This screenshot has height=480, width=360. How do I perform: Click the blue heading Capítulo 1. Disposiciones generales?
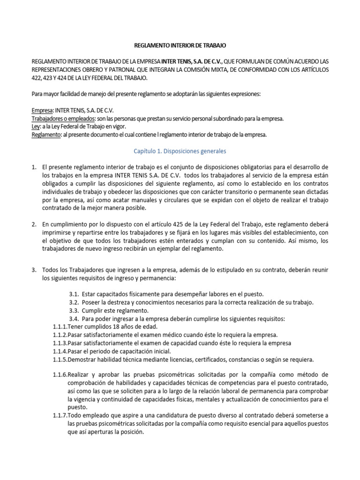(x=180, y=151)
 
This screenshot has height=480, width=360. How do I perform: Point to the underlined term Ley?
(x=36, y=127)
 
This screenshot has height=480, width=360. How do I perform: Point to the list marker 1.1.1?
(x=60, y=326)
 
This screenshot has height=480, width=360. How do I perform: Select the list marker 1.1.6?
(x=60, y=375)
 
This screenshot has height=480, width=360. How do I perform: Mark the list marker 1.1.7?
(x=60, y=415)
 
